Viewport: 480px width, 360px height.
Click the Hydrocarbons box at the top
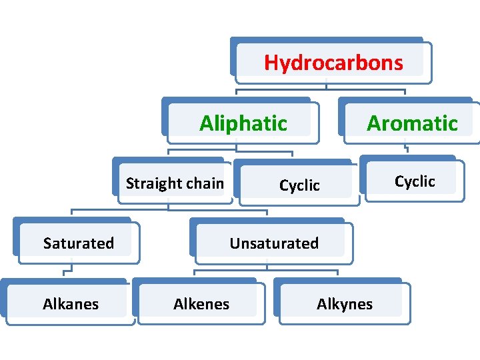pyautogui.click(x=333, y=62)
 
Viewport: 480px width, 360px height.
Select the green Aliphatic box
pyautogui.click(x=243, y=123)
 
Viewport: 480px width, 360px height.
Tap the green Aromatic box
pyautogui.click(x=411, y=123)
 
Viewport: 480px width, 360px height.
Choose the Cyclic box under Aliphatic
pyautogui.click(x=299, y=185)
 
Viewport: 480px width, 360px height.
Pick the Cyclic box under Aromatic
pyautogui.click(x=414, y=181)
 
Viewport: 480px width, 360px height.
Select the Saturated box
pyautogui.click(x=78, y=243)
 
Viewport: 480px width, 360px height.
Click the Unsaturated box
pyautogui.click(x=274, y=243)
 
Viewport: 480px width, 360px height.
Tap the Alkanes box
pyautogui.click(x=70, y=304)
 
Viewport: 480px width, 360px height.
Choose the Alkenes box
pyautogui.click(x=201, y=304)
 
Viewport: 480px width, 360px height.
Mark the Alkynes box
pyautogui.click(x=344, y=304)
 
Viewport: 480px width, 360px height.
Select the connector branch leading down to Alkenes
pyautogui.click(x=195, y=273)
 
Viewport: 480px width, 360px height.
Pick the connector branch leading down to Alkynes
pyautogui.click(x=337, y=273)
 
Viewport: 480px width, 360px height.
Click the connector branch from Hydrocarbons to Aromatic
pyautogui.click(x=405, y=93)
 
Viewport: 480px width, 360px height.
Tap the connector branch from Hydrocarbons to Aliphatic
pyautogui.click(x=237, y=93)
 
